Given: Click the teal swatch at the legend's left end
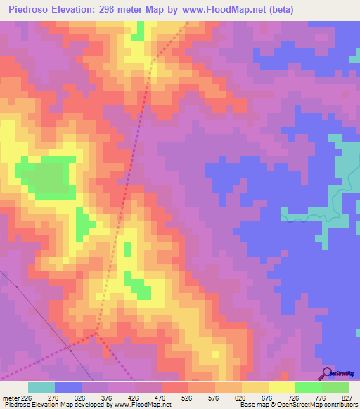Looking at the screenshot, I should (41, 387).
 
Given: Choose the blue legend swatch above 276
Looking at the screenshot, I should (68, 387).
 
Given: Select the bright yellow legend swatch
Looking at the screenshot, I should (282, 387).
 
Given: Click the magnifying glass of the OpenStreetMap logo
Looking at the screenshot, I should (326, 372).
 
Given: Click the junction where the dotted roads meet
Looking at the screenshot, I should (96, 335).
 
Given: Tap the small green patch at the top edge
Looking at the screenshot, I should (141, 30).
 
